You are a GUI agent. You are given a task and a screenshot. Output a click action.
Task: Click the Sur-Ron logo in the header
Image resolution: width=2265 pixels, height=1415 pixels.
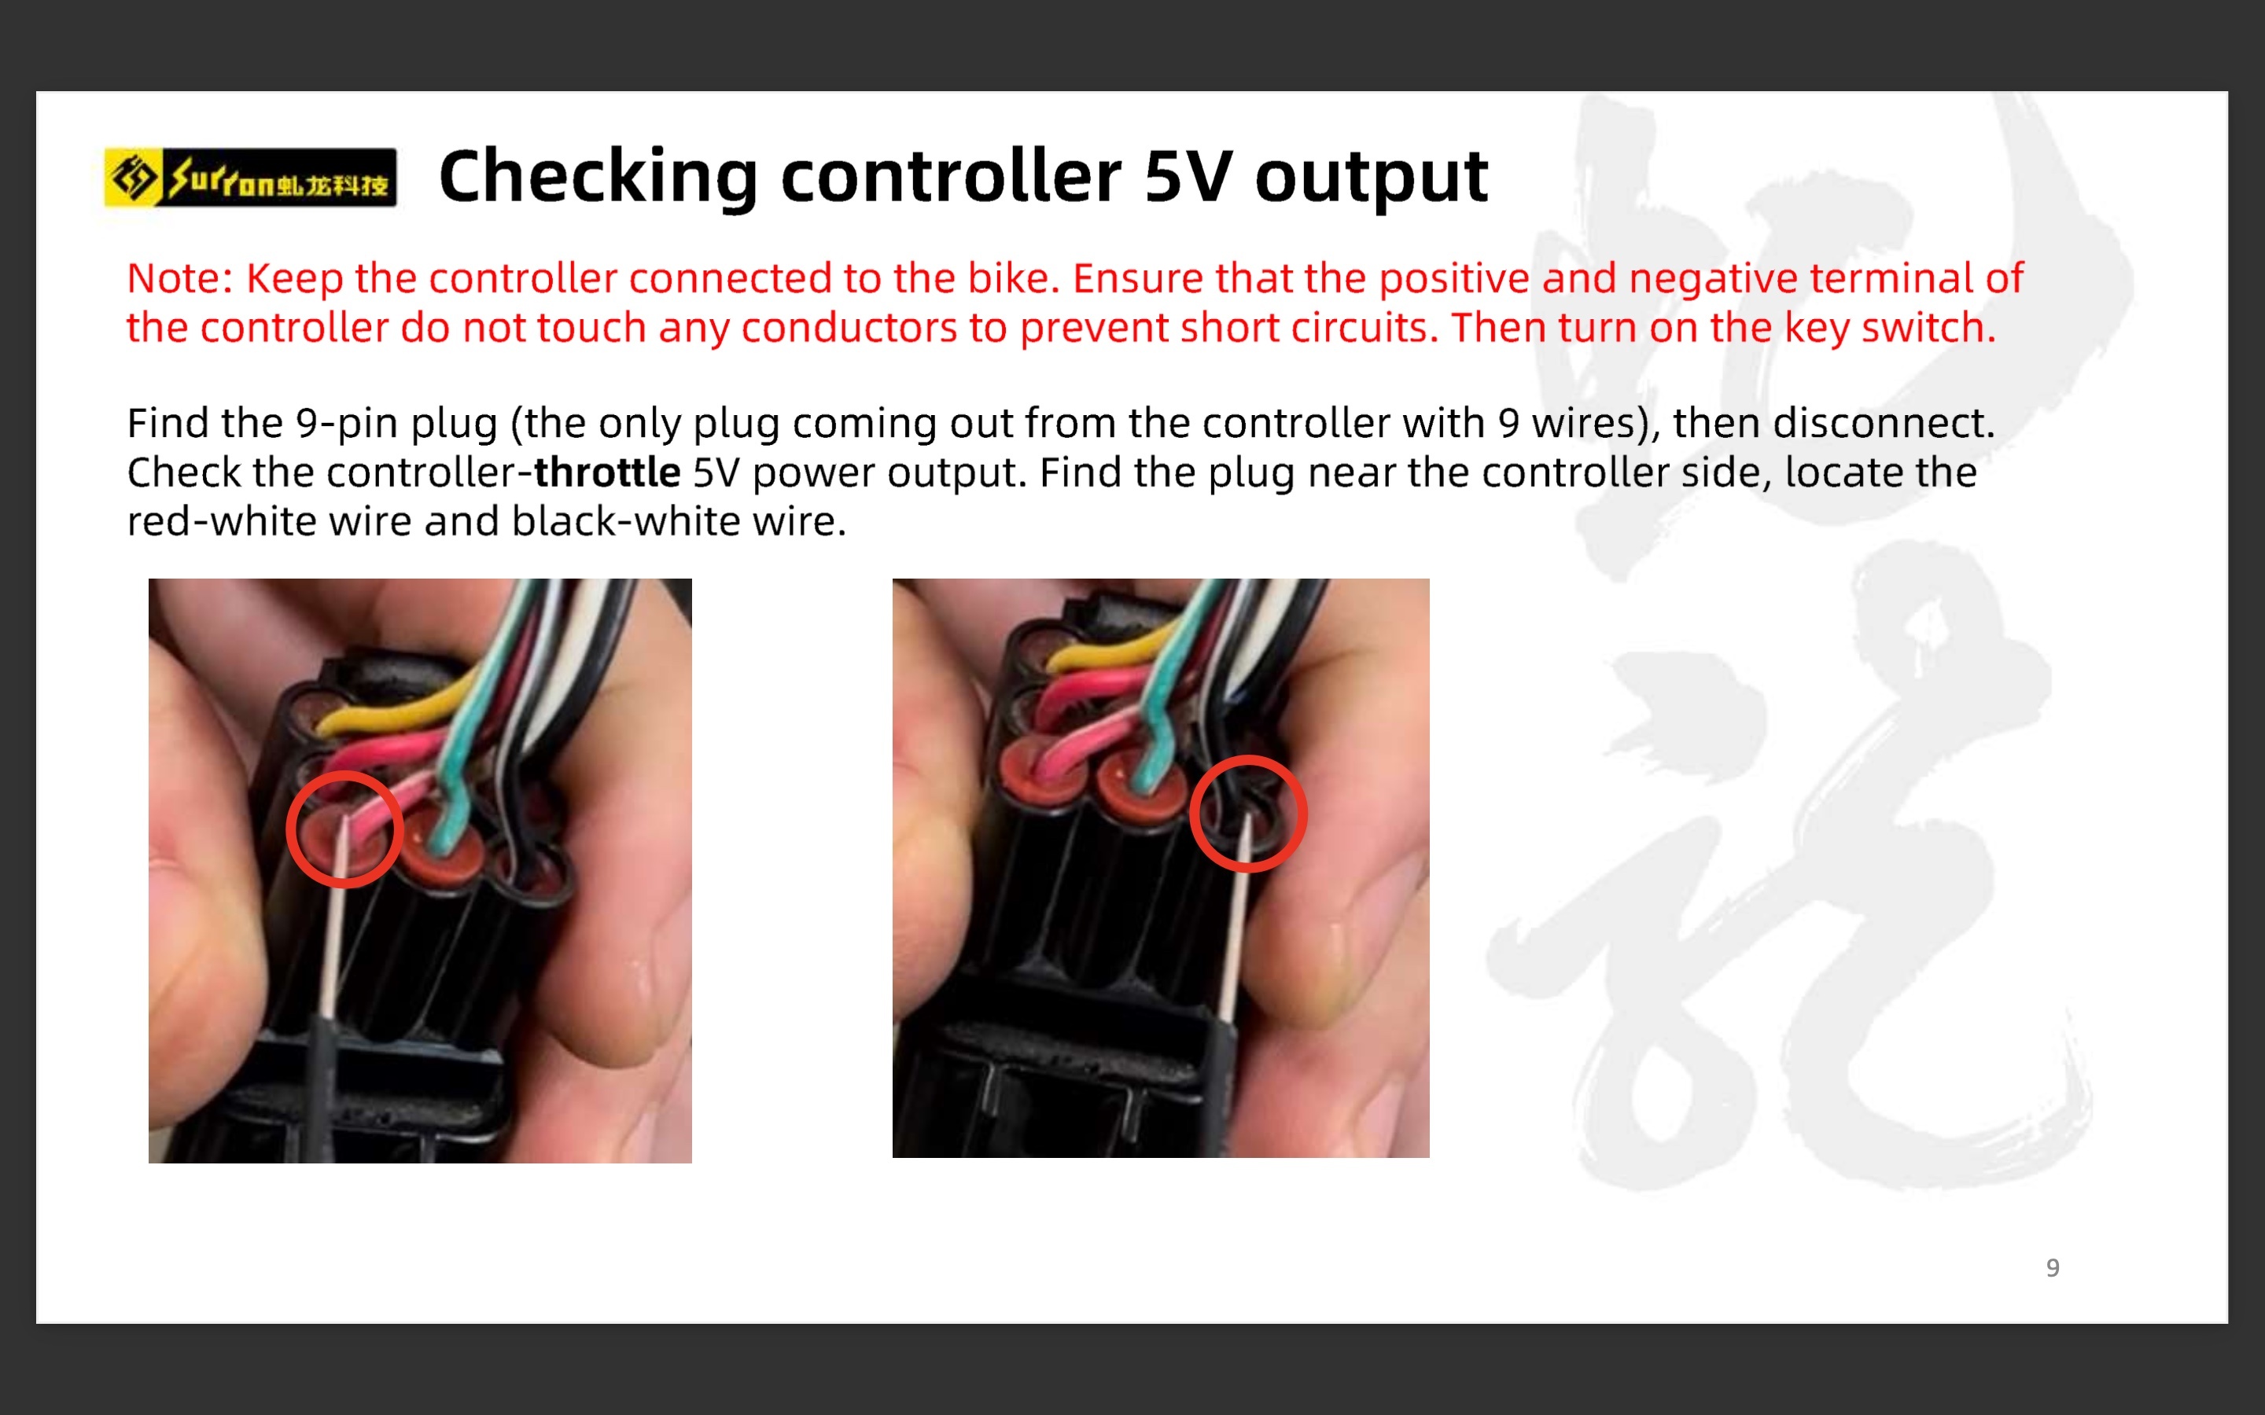250,177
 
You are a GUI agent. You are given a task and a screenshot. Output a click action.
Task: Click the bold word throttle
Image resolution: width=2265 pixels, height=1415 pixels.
606,472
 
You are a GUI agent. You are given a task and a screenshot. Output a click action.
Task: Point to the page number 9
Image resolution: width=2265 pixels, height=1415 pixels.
2053,1268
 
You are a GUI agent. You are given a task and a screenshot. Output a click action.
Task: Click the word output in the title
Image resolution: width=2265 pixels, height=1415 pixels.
1371,178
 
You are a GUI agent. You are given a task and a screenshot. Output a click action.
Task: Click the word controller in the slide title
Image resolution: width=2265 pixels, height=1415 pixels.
951,176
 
